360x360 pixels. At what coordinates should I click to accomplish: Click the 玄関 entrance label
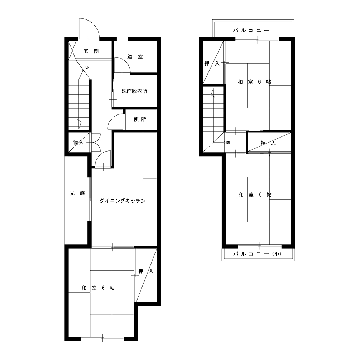pyautogui.click(x=91, y=51)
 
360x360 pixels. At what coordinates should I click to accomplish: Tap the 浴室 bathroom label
pyautogui.click(x=135, y=57)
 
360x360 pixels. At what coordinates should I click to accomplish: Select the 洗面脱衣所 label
pyautogui.click(x=134, y=91)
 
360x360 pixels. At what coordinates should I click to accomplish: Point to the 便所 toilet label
pyautogui.click(x=140, y=120)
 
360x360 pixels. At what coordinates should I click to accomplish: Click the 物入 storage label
pyautogui.click(x=78, y=142)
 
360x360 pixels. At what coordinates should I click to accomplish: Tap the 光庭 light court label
pyautogui.click(x=77, y=194)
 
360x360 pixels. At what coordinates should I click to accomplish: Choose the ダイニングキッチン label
pyautogui.click(x=123, y=201)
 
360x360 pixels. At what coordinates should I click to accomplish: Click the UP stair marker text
pyautogui.click(x=87, y=68)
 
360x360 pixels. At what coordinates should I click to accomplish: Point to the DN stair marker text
pyautogui.click(x=228, y=143)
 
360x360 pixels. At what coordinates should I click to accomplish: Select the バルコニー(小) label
pyautogui.click(x=257, y=254)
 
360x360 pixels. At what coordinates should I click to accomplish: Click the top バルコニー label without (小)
pyautogui.click(x=251, y=30)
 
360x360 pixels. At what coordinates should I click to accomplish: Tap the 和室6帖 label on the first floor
pyautogui.click(x=98, y=288)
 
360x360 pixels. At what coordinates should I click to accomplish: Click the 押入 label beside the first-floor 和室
pyautogui.click(x=146, y=271)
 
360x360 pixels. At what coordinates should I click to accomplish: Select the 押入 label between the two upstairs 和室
pyautogui.click(x=268, y=143)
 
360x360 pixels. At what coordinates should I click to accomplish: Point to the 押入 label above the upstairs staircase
pyautogui.click(x=212, y=63)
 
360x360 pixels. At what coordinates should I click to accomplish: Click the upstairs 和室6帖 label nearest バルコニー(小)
pyautogui.click(x=255, y=195)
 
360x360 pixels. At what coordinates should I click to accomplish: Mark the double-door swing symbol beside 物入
pyautogui.click(x=96, y=142)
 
